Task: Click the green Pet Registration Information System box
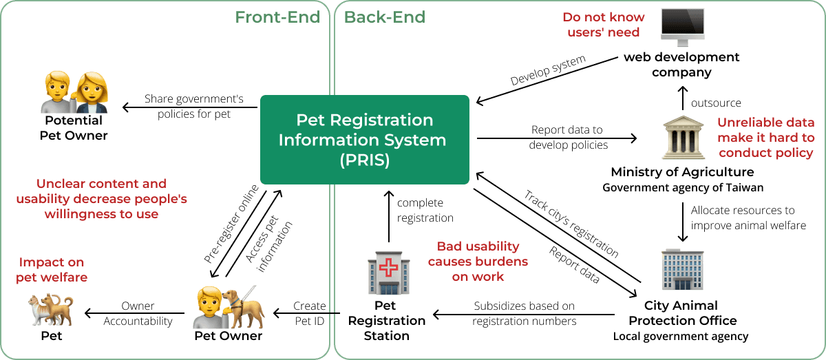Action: pyautogui.click(x=364, y=140)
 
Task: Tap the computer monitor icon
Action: pyautogui.click(x=682, y=27)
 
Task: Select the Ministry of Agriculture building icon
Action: pyautogui.click(x=682, y=139)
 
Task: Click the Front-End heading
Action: pyautogui.click(x=277, y=17)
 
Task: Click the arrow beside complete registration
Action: pyautogui.click(x=388, y=218)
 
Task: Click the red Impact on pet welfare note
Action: pyautogui.click(x=52, y=270)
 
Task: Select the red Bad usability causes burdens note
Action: pyautogui.click(x=478, y=261)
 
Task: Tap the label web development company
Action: pyautogui.click(x=681, y=64)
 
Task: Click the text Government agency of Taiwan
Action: pyautogui.click(x=682, y=187)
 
